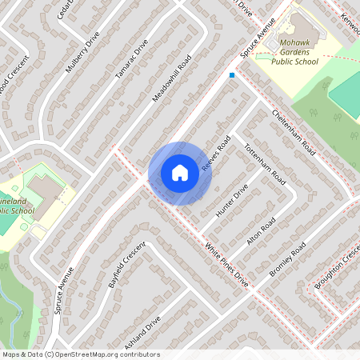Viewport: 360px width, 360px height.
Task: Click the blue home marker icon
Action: tap(180, 173)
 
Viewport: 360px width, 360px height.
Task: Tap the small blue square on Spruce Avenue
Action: tap(232, 75)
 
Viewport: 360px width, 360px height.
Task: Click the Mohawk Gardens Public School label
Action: tap(294, 51)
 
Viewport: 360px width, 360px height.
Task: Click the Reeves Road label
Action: tap(217, 150)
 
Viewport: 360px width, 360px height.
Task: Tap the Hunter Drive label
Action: tap(231, 198)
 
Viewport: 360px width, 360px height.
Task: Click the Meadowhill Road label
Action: tap(173, 78)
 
